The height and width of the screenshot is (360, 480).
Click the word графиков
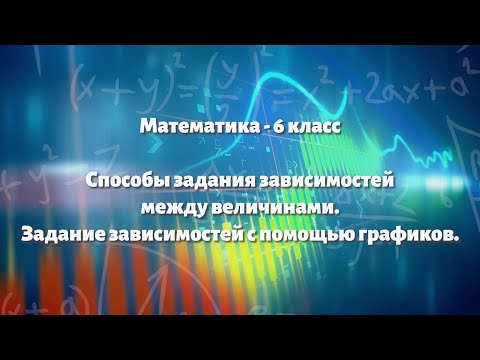[405, 234]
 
